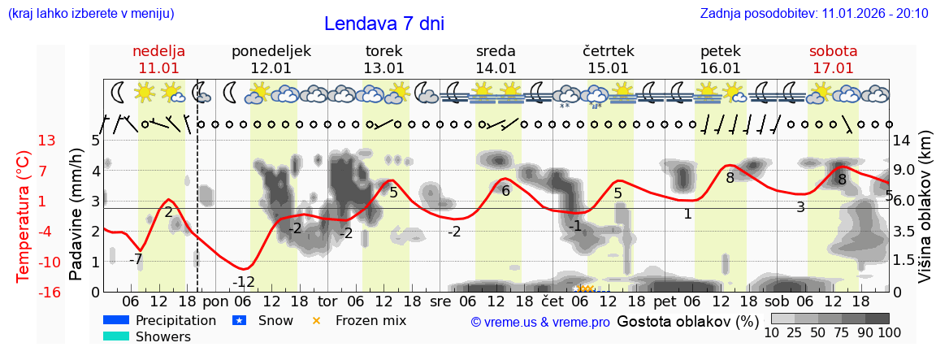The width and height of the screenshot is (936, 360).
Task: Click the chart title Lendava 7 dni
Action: [x=383, y=24]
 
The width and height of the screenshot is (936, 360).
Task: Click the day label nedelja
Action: [x=159, y=51]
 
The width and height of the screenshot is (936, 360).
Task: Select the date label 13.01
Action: [x=383, y=68]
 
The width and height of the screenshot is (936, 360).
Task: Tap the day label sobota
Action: [x=833, y=51]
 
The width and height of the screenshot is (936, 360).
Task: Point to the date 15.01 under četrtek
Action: [x=608, y=68]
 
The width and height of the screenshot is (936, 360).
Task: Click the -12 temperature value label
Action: [x=244, y=282]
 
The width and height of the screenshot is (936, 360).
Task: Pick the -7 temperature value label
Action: [x=136, y=259]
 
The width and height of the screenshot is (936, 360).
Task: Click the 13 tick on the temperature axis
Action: [x=48, y=141]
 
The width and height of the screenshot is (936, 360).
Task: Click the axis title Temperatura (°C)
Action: [x=24, y=216]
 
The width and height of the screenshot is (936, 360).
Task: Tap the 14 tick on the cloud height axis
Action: [x=902, y=141]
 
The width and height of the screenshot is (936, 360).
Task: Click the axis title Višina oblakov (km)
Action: [x=925, y=216]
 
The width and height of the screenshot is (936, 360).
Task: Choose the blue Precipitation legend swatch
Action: [x=116, y=320]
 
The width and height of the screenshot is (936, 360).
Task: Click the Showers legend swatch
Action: [x=116, y=336]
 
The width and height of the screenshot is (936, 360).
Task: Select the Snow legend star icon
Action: [x=239, y=320]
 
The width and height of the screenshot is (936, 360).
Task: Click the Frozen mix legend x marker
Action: [x=317, y=320]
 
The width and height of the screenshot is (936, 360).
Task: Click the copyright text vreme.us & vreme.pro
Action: [x=540, y=322]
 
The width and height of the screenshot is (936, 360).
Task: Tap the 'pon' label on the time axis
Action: [x=216, y=301]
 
